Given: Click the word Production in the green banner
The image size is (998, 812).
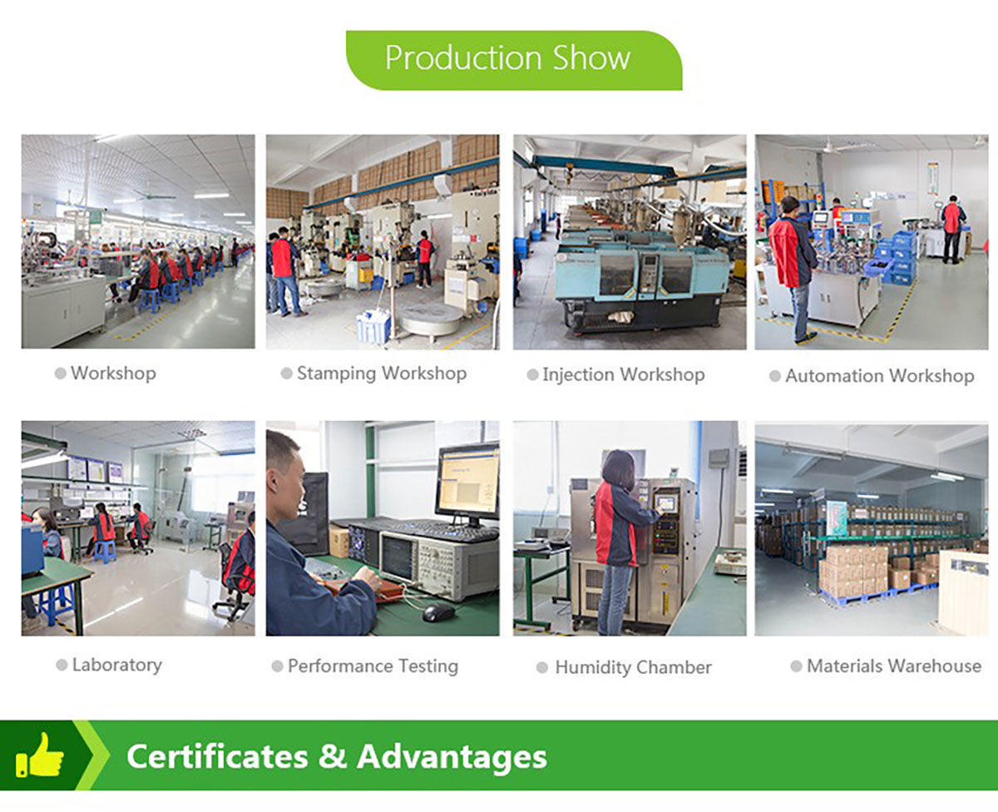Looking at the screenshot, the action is [x=463, y=58].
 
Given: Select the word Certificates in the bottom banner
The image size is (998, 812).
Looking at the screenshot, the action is [x=217, y=756].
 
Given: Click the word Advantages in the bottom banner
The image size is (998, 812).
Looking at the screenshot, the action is [x=452, y=757].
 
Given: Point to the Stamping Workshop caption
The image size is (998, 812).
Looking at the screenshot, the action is [x=382, y=374].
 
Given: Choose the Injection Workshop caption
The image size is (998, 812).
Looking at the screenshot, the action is [x=623, y=375].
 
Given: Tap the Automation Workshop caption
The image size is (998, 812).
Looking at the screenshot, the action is [x=879, y=376].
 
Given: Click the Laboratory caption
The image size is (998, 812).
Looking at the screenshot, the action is [x=117, y=665].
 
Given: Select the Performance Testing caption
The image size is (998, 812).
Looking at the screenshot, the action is [x=373, y=666].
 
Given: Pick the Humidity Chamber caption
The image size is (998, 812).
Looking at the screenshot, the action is [x=633, y=667].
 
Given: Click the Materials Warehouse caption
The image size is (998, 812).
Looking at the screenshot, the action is [x=893, y=666].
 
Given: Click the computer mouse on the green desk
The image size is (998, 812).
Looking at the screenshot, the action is [x=438, y=612].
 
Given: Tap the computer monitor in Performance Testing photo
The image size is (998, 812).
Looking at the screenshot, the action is [x=467, y=483].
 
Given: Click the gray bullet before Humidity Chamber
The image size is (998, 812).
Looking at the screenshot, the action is [x=542, y=667].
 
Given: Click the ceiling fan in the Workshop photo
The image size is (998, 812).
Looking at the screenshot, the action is [x=153, y=195].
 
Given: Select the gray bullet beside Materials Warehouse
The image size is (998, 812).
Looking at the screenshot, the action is [x=796, y=666].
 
